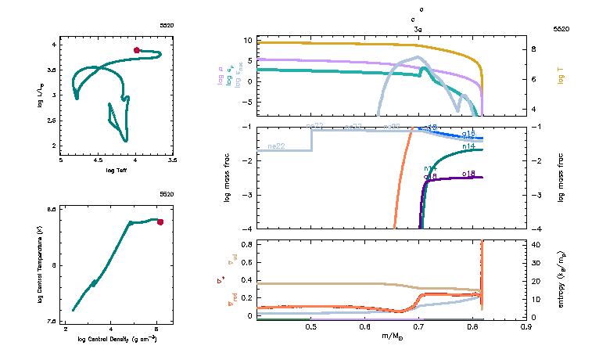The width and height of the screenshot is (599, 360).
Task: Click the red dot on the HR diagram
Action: click(137, 50)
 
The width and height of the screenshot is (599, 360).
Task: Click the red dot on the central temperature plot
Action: click(160, 222)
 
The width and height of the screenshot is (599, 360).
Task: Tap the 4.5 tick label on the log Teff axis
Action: click(99, 160)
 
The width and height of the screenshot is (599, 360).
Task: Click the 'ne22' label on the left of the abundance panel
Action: click(275, 146)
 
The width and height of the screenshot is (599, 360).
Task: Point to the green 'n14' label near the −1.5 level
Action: click(469, 146)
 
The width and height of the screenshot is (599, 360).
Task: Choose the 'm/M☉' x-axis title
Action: click(390, 337)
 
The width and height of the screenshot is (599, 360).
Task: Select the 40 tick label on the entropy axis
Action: click(538, 244)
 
